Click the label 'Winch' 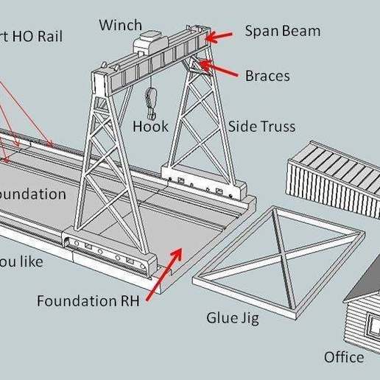[x=120, y=25]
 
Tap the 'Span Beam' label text [x=282, y=32]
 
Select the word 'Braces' [x=267, y=75]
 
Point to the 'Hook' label [x=150, y=127]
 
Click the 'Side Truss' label [x=261, y=127]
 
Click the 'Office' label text [x=344, y=357]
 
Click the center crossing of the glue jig [x=279, y=256]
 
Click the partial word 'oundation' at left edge [x=33, y=194]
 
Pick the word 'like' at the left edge [x=29, y=261]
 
